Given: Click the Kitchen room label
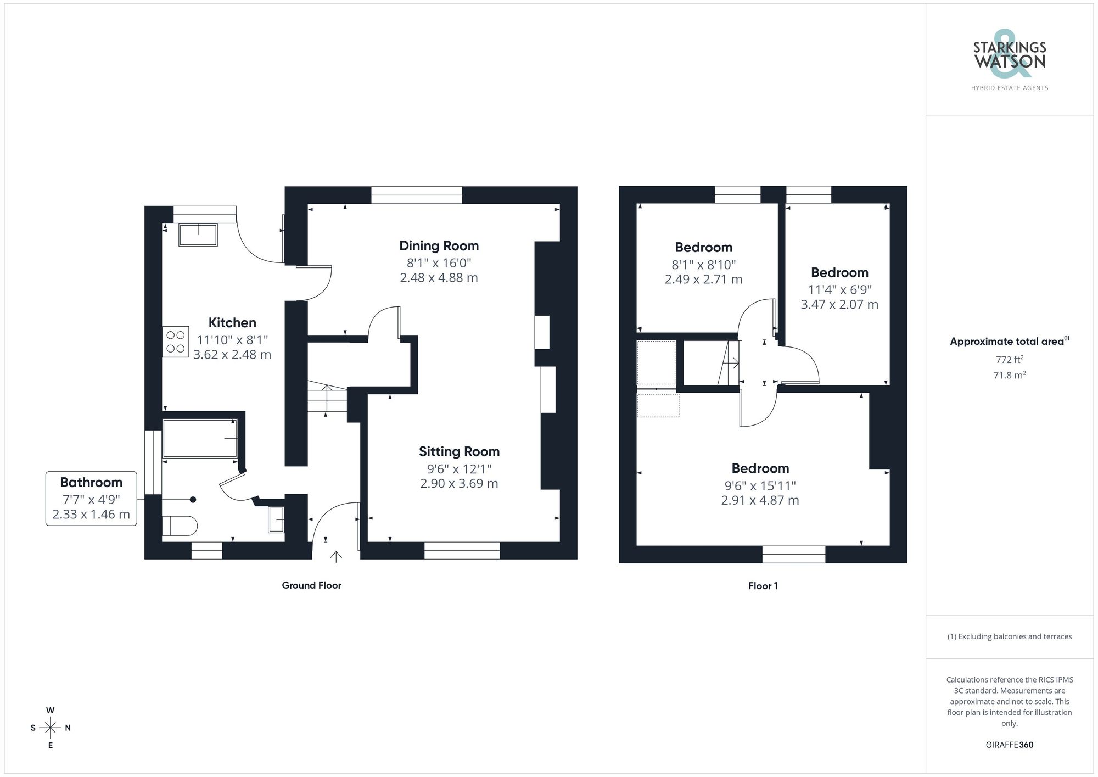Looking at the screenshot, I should click(232, 322).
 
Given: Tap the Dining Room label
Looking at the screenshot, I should click(439, 245).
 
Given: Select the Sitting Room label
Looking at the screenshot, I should click(459, 451).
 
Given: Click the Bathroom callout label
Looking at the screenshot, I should click(91, 482).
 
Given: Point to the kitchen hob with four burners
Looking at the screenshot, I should click(175, 342).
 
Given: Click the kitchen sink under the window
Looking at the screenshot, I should click(198, 234).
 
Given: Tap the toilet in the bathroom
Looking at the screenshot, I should click(179, 526).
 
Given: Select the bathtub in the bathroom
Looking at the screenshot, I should click(200, 438).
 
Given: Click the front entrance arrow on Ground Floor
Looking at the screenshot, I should click(336, 556).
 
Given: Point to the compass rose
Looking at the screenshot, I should click(51, 728).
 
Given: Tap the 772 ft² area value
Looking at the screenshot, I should click(1009, 360).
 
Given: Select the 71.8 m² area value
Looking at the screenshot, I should click(1009, 376).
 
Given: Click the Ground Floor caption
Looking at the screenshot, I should click(311, 585).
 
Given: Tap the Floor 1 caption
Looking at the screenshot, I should click(763, 586).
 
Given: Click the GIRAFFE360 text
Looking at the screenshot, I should click(1009, 745).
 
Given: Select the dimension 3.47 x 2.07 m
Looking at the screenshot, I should click(839, 304).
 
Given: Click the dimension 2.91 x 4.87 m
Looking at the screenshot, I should click(760, 500).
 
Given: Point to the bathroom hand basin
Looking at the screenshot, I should click(276, 519).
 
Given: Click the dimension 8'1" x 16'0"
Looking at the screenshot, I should click(439, 263).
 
